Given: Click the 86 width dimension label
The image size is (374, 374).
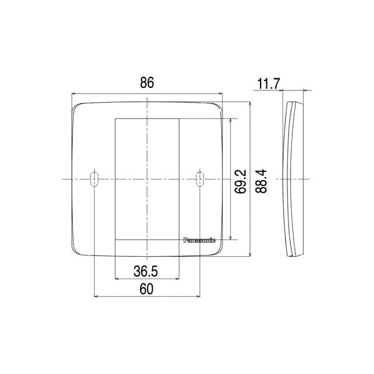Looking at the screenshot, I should click(147, 82).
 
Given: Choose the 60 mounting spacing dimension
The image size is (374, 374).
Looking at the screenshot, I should click(147, 289).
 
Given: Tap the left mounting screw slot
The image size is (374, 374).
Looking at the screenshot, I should click(93, 179).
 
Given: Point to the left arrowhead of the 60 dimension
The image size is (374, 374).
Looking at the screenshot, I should click(95, 297).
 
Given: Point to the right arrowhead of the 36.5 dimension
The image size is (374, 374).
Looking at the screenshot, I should click(176, 278).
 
